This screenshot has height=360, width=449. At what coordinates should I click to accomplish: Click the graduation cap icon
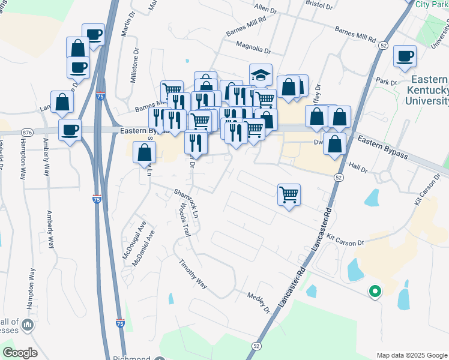(x=261, y=74)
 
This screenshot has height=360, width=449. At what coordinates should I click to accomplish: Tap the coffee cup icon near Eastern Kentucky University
(x=405, y=56)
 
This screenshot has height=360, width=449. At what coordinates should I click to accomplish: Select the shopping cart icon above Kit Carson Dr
(x=289, y=194)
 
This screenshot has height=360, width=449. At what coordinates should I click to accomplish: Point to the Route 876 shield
(x=26, y=132)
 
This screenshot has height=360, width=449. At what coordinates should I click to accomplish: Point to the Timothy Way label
(x=193, y=274)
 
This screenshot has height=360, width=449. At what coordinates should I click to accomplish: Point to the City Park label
(x=432, y=4)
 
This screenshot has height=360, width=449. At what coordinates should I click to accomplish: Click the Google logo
(x=20, y=353)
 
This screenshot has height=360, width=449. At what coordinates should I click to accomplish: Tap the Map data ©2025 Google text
(x=412, y=355)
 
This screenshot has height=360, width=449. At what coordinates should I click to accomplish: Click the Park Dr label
(x=382, y=80)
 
